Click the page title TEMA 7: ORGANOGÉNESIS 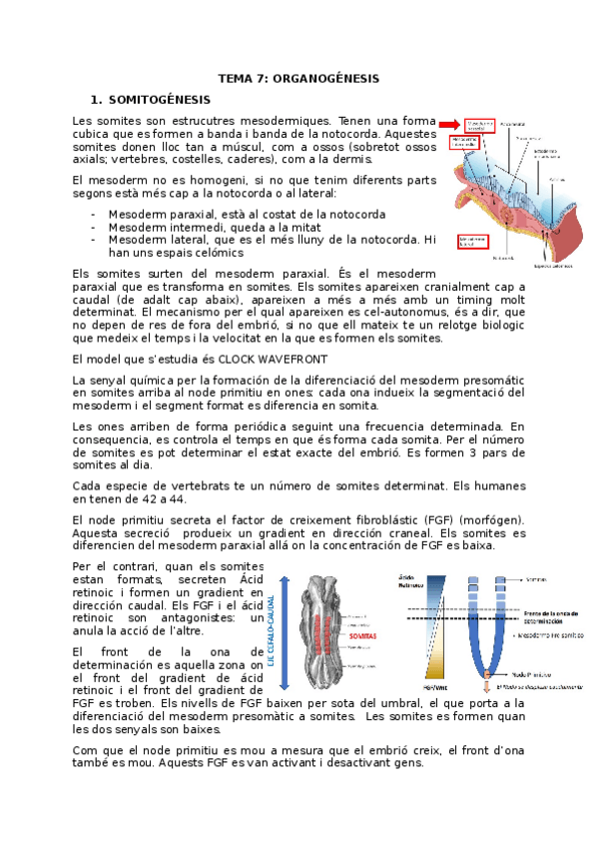pos(299,79)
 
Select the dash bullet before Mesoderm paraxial pos(93,214)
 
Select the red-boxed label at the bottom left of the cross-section pos(473,241)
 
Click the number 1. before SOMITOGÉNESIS pos(96,100)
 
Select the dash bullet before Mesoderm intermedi pos(93,227)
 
